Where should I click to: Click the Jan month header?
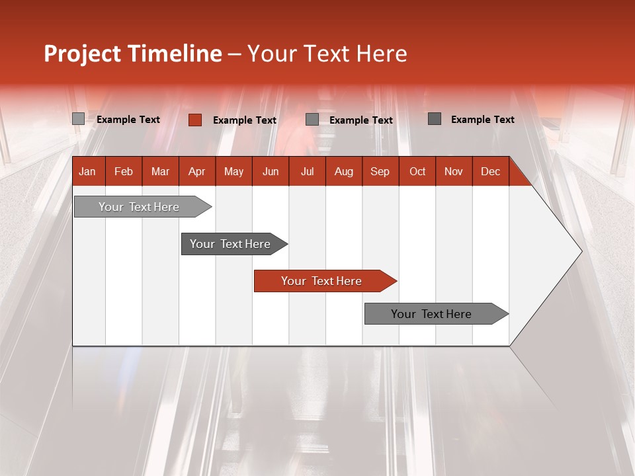(x=87, y=171)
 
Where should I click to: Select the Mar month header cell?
(x=160, y=171)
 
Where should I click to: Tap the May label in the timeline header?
(x=233, y=171)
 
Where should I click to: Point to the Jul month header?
(x=307, y=171)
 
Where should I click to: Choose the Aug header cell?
(x=343, y=171)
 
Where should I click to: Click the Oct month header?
(x=417, y=171)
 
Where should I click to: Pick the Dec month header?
(x=490, y=171)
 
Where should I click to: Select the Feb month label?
(x=124, y=171)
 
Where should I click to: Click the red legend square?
(x=194, y=120)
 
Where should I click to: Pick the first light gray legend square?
(x=78, y=119)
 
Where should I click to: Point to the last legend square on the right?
(x=434, y=119)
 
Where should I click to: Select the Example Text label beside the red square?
(x=244, y=120)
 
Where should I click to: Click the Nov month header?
(x=453, y=171)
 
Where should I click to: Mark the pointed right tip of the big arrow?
(x=581, y=251)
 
